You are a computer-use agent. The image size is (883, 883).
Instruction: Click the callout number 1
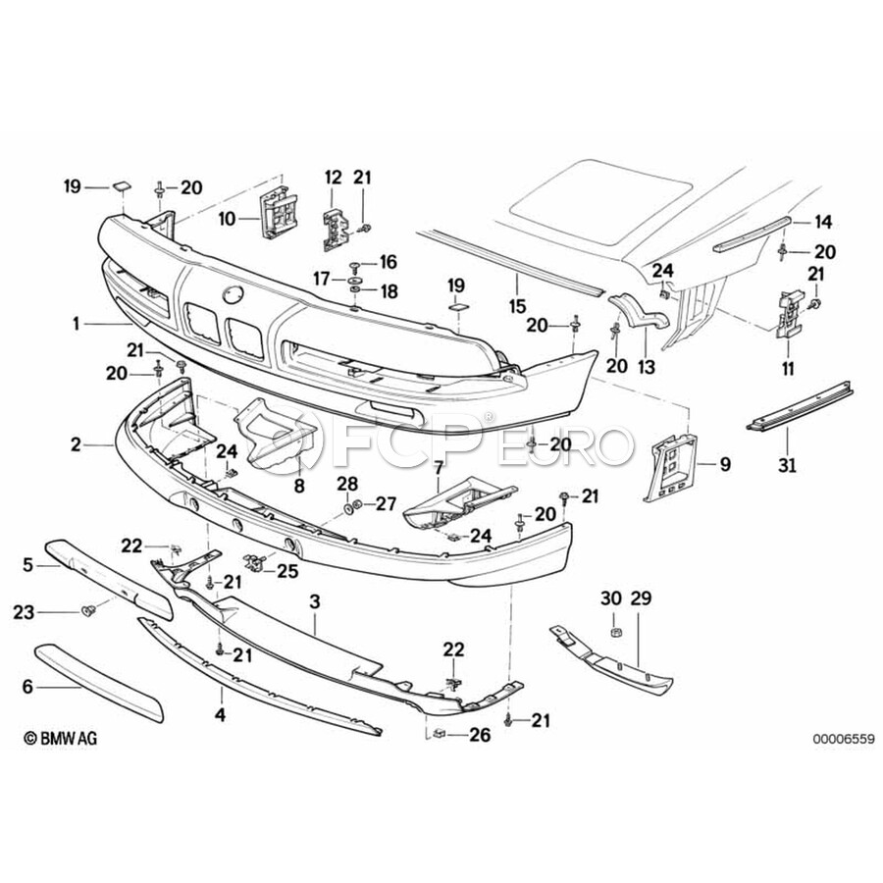click(77, 322)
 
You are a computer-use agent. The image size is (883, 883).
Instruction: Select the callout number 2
click(77, 444)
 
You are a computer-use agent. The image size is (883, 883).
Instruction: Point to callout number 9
click(725, 464)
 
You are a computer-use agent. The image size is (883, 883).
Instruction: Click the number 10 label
click(227, 218)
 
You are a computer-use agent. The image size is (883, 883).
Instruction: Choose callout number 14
click(822, 222)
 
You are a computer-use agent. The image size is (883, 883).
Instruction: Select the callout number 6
click(27, 688)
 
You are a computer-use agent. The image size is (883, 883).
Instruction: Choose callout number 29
click(640, 597)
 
